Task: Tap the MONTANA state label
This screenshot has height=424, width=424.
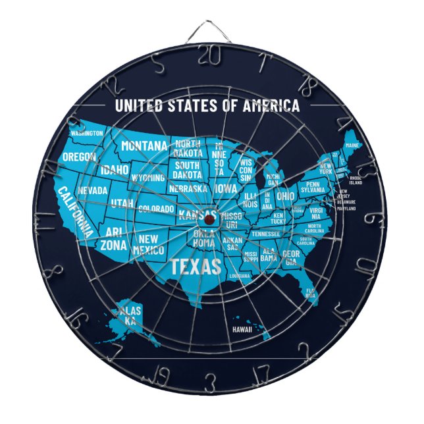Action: (x=144, y=145)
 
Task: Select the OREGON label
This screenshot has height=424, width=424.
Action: (x=79, y=157)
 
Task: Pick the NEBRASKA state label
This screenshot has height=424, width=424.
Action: (x=188, y=188)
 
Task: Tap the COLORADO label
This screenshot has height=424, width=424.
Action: (x=156, y=209)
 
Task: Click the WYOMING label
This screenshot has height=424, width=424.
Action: (x=147, y=178)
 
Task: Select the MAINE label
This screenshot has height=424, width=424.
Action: (x=352, y=145)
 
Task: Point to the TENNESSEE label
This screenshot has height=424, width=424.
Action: (x=266, y=234)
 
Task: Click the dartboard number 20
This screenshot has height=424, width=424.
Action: (x=209, y=56)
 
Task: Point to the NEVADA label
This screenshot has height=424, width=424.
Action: (x=93, y=190)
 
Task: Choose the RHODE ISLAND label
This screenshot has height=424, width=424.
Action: (x=356, y=180)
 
